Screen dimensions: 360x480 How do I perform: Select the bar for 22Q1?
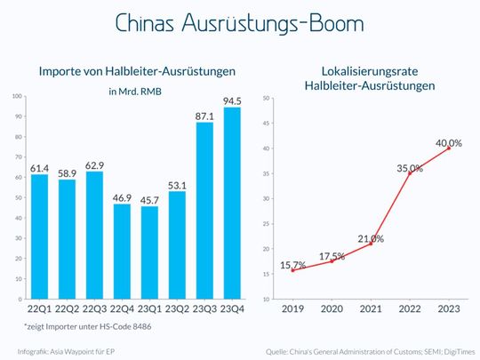[39, 237]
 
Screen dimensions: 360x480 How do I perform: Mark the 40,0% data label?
[449, 142]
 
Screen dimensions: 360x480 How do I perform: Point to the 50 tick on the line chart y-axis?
[266, 97]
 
